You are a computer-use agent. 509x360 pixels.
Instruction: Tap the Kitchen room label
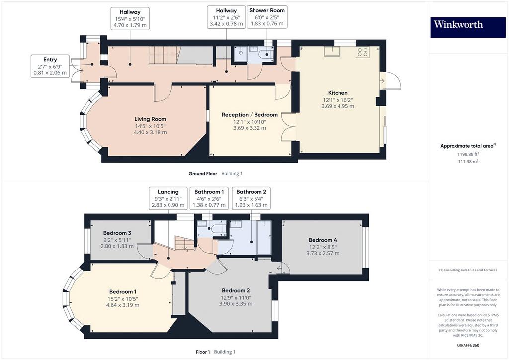coord(338,93)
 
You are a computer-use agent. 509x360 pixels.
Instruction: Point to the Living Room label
coord(150,119)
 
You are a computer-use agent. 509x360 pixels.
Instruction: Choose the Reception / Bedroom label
coord(250,115)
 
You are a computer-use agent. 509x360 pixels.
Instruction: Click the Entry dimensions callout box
coord(50,66)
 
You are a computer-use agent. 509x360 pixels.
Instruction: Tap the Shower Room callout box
coord(267,17)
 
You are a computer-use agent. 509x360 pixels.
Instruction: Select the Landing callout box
coord(168,198)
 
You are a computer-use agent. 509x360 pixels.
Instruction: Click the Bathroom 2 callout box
coord(251,198)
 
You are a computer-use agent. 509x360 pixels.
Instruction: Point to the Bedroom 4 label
coord(323,240)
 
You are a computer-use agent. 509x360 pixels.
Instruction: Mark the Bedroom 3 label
coord(117,233)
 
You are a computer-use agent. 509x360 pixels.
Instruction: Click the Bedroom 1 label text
coord(123,292)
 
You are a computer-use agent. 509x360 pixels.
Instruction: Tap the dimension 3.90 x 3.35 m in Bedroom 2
coord(236,304)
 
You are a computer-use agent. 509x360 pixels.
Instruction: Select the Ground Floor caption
coord(203,174)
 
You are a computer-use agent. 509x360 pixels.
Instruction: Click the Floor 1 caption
coord(203,352)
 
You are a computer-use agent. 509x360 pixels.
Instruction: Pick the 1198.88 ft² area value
coord(468,154)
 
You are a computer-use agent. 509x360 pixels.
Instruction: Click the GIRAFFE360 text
coord(468,345)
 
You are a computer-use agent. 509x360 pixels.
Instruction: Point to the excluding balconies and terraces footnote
coord(468,270)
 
